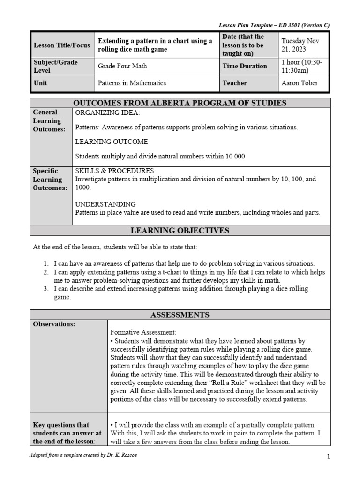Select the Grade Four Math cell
[x=122, y=66]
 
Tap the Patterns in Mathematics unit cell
[x=131, y=83]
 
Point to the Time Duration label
[x=244, y=66]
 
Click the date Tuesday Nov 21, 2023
[x=301, y=45]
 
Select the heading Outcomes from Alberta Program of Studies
[x=180, y=103]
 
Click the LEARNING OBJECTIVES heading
[x=180, y=230]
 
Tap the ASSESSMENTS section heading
[x=180, y=315]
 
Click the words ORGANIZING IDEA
[x=107, y=112]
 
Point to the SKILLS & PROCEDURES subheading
[x=115, y=171]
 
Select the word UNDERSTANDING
[x=105, y=204]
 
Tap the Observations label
[x=54, y=324]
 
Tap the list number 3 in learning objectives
[x=46, y=289]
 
